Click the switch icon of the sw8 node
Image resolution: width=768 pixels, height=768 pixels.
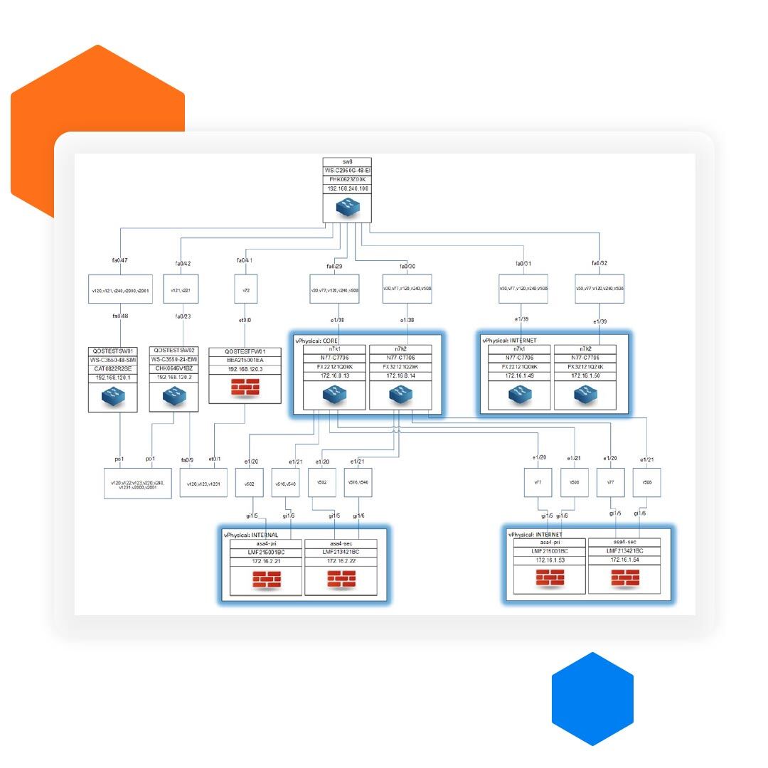point(348,207)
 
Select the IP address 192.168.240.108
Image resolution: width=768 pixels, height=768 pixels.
point(348,189)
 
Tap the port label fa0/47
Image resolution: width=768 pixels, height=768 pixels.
point(119,261)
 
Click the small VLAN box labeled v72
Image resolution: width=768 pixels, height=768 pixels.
point(245,291)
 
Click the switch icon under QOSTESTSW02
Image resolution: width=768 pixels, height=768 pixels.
point(174,396)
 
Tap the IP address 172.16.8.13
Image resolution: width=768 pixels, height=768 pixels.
point(334,375)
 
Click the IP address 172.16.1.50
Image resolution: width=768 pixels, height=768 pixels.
point(585,375)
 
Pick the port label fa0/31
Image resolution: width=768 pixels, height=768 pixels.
point(523,264)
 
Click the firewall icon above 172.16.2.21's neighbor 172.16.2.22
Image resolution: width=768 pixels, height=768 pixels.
point(341,580)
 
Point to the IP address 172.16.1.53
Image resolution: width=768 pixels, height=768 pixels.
point(550,561)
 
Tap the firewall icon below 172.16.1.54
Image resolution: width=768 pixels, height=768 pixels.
point(624,579)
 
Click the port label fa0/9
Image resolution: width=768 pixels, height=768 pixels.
point(187,459)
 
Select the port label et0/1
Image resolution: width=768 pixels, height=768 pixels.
point(215,459)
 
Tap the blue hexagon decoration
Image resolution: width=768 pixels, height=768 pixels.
point(592,699)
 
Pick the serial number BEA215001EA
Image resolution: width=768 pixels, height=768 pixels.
point(245,361)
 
